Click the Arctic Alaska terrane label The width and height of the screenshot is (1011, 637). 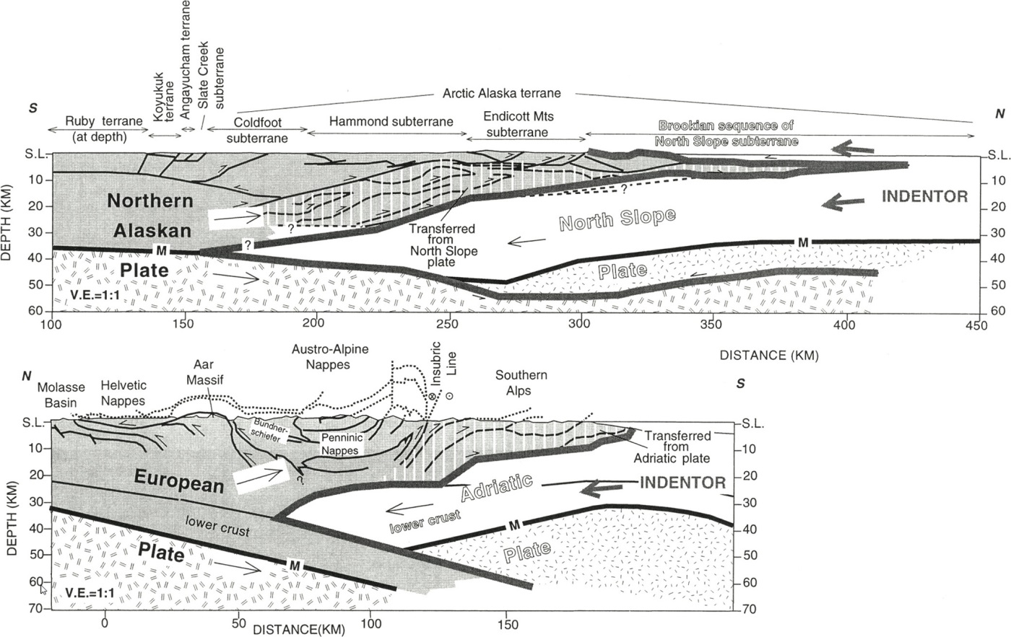pyautogui.click(x=501, y=93)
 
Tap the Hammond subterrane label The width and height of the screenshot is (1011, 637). pyautogui.click(x=391, y=122)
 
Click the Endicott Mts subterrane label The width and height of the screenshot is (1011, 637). pyautogui.click(x=517, y=124)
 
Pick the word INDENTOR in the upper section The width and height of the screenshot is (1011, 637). pyautogui.click(x=924, y=196)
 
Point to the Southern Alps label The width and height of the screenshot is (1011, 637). pyautogui.click(x=521, y=383)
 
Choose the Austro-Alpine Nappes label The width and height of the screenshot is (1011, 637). pyautogui.click(x=330, y=357)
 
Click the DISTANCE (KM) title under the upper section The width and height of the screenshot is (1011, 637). pyautogui.click(x=769, y=355)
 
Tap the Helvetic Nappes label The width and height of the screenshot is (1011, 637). pyautogui.click(x=123, y=394)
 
